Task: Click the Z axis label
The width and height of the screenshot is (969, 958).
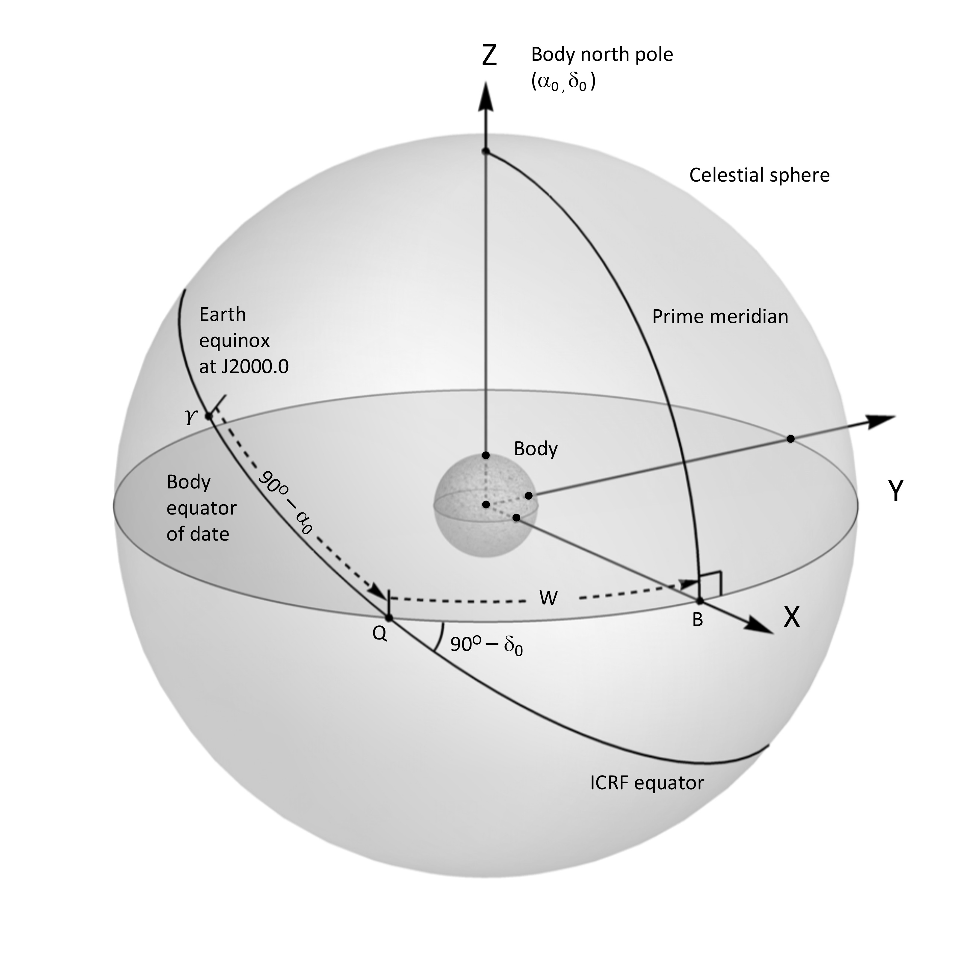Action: pos(489,55)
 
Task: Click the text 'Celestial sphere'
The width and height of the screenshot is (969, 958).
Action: pos(759,175)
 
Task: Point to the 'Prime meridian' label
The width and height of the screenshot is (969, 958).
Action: pos(720,317)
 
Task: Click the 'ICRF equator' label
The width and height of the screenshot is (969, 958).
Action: pos(647,783)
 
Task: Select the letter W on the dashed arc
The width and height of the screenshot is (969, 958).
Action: pos(548,598)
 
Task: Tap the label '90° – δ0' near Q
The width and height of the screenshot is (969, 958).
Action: pos(486,645)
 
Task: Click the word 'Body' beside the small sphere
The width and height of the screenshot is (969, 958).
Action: pos(536,449)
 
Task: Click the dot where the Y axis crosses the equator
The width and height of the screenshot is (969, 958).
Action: pos(790,439)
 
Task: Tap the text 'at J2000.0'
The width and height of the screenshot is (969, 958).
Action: pos(244,367)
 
